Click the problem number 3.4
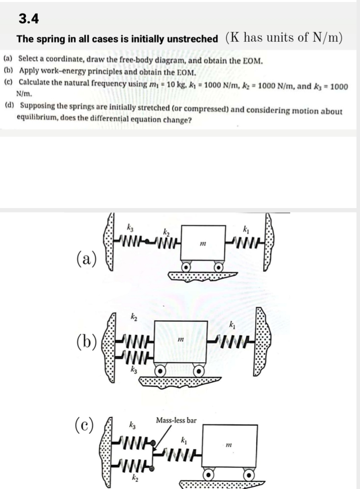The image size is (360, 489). (28, 19)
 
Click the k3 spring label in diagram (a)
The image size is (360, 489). (131, 227)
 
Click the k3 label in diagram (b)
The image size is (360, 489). (134, 370)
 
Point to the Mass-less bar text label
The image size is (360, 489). (176, 420)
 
